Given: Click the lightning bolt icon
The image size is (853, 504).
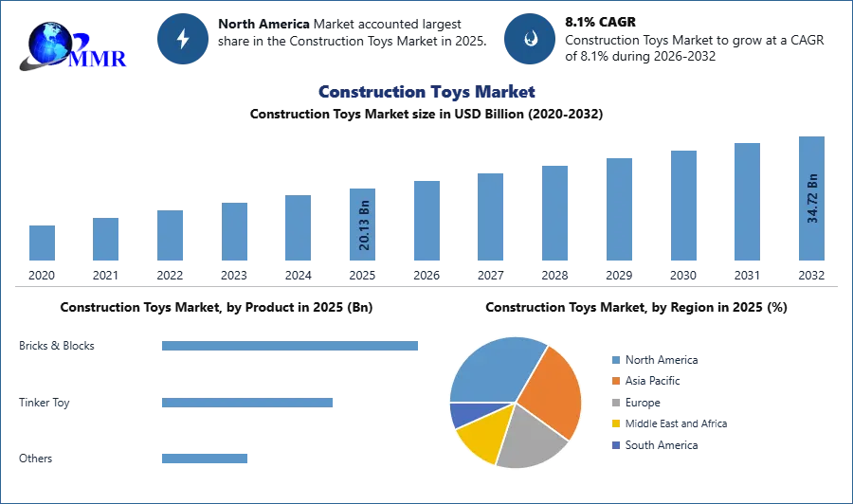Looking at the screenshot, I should pyautogui.click(x=183, y=39).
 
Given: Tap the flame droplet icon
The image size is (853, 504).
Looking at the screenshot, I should pyautogui.click(x=530, y=39).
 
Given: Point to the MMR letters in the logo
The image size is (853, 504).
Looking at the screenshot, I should pyautogui.click(x=99, y=58).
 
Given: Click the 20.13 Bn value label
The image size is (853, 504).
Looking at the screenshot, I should pyautogui.click(x=364, y=225).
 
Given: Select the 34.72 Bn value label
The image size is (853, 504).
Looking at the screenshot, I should pyautogui.click(x=812, y=197).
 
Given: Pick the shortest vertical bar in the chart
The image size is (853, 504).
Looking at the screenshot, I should pyautogui.click(x=42, y=243).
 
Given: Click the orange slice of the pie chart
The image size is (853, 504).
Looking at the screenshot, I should pyautogui.click(x=549, y=389).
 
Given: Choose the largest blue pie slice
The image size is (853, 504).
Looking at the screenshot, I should pyautogui.click(x=493, y=369).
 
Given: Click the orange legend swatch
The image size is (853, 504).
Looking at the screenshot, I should pyautogui.click(x=615, y=381).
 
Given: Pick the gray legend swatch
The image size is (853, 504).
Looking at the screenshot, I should pyautogui.click(x=615, y=403).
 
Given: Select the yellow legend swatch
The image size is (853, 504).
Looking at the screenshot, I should pyautogui.click(x=615, y=424).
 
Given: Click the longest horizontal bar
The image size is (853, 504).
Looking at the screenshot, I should pyautogui.click(x=291, y=348).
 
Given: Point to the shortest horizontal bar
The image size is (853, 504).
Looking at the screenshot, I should pyautogui.click(x=204, y=459).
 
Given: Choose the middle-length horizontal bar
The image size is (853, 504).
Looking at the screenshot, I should pyautogui.click(x=246, y=403).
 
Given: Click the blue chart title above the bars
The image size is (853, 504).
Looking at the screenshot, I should pyautogui.click(x=426, y=92).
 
